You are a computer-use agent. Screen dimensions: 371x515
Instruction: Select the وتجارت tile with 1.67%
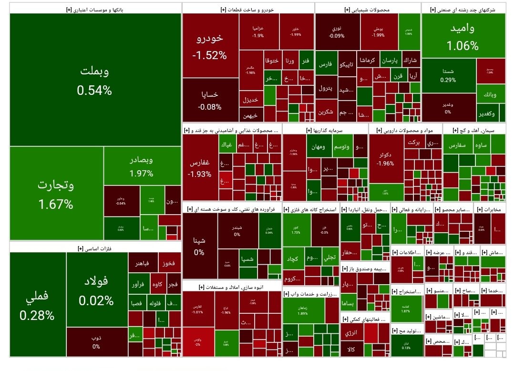click(56, 194)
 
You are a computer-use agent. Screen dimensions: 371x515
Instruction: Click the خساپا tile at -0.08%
click(210, 100)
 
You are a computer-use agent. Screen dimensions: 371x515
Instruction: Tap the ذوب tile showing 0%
click(96, 342)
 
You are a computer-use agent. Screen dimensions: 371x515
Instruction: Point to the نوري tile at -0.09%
click(337, 31)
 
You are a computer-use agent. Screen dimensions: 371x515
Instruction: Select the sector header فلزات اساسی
click(95, 248)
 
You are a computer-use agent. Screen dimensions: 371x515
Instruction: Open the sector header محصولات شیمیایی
click(367, 9)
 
